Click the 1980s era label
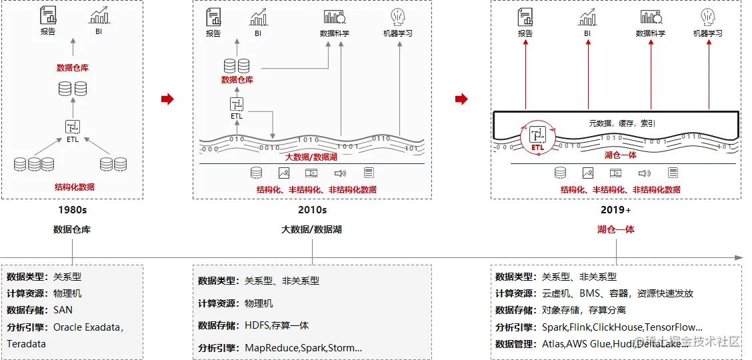tap(72, 210)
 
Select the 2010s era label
tap(312, 210)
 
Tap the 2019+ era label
tap(615, 210)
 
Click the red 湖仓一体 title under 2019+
tap(615, 229)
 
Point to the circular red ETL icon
tap(537, 137)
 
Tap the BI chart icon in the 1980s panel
tap(99, 16)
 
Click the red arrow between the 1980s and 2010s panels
tap(167, 99)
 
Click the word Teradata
tap(27, 344)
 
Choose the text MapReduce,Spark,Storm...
tap(303, 348)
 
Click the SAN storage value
tap(63, 310)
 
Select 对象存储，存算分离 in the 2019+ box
tap(583, 310)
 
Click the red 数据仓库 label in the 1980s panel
tap(73, 68)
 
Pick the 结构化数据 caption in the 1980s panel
tap(74, 187)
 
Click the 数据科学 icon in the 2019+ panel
tap(650, 17)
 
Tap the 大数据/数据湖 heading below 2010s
tap(312, 229)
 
